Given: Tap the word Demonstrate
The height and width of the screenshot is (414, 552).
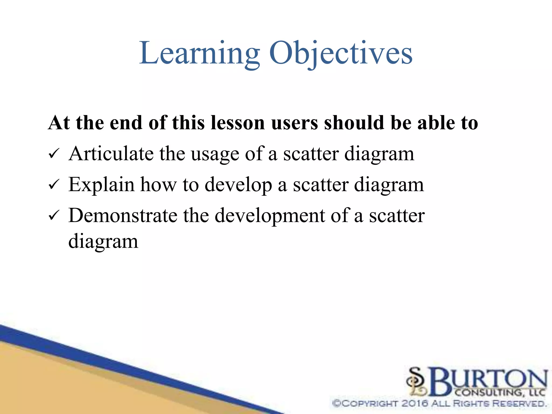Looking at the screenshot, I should pos(123,216).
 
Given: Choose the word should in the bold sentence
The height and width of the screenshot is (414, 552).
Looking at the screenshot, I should pos(354,123).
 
